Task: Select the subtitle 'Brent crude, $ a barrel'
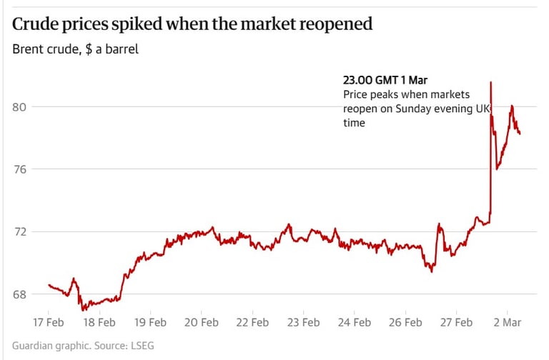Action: [x=76, y=49]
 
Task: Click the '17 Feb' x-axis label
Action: [x=49, y=322]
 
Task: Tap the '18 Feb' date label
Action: [x=99, y=322]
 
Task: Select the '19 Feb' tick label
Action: [x=150, y=322]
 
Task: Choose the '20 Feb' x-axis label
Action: [x=201, y=322]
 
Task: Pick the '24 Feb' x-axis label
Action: [x=354, y=322]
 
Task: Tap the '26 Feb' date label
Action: [x=405, y=322]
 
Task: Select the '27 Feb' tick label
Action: [x=455, y=322]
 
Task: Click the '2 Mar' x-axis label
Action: [x=507, y=322]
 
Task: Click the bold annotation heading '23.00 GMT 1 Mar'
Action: [x=385, y=79]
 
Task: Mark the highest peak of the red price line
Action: [x=490, y=82]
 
